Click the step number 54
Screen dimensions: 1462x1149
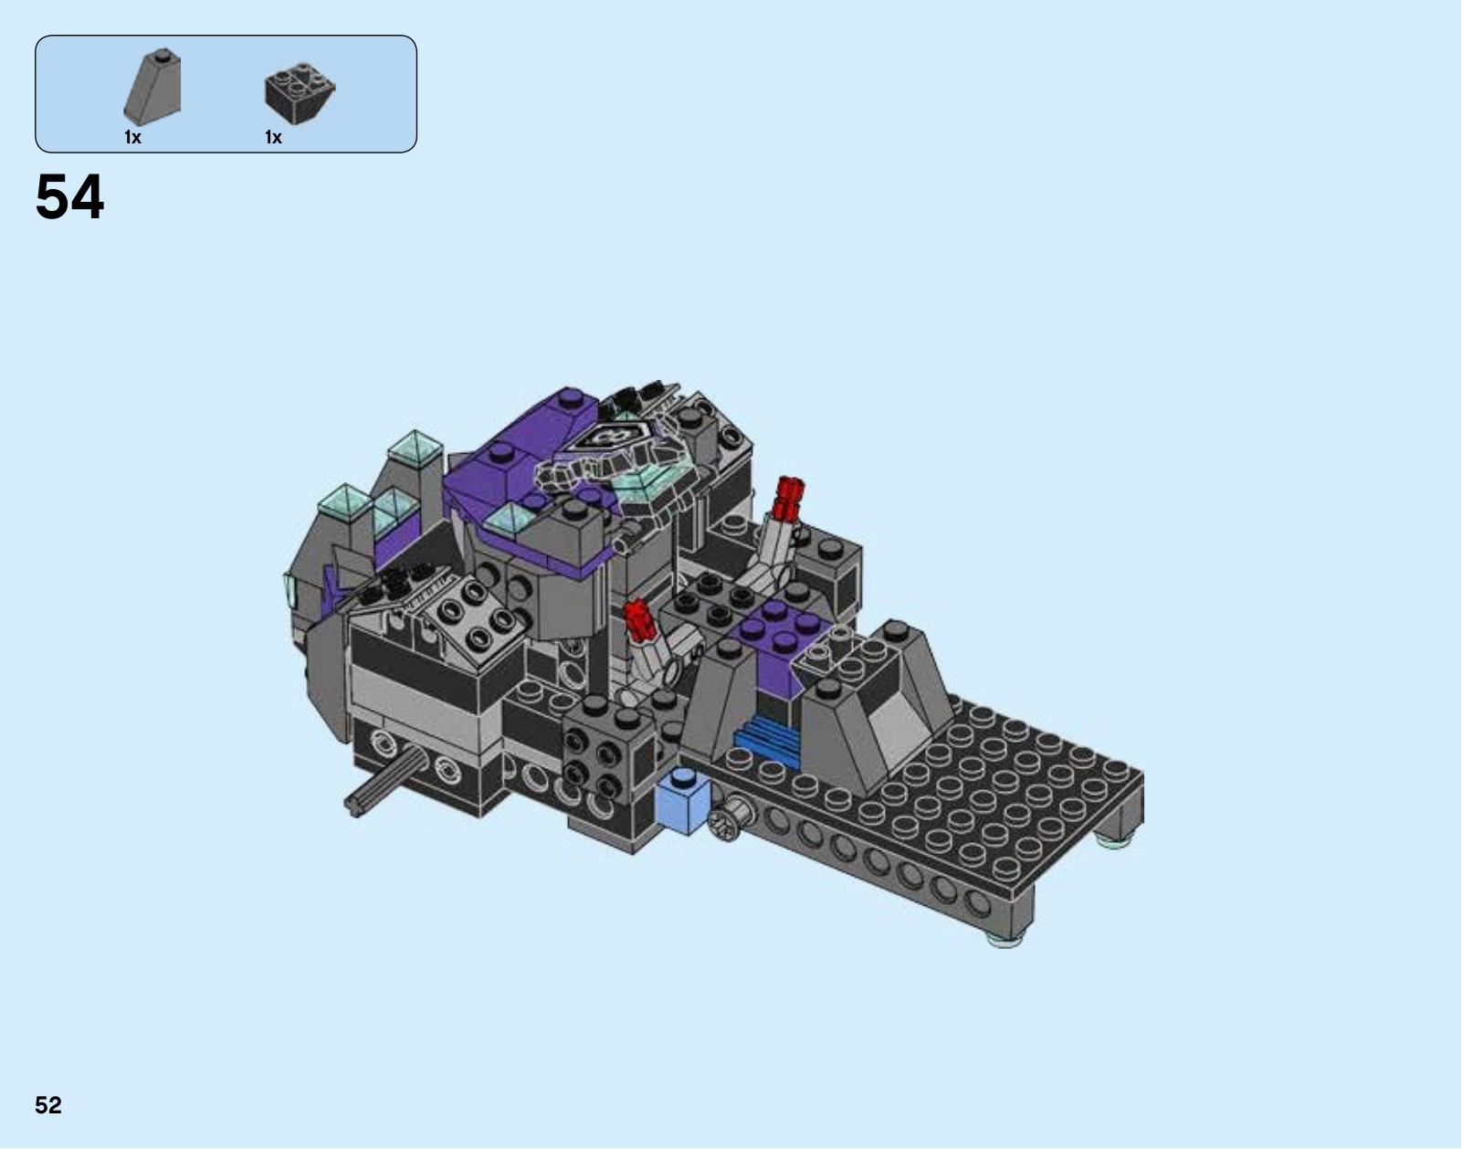(70, 197)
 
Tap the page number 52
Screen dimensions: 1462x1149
(48, 1105)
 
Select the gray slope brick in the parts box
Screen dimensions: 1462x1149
(153, 88)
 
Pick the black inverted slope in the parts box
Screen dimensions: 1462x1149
(300, 93)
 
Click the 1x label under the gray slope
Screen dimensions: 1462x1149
(133, 138)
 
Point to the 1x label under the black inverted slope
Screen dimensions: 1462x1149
(273, 138)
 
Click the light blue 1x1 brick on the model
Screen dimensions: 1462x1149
(683, 800)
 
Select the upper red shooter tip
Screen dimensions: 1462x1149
(790, 497)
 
